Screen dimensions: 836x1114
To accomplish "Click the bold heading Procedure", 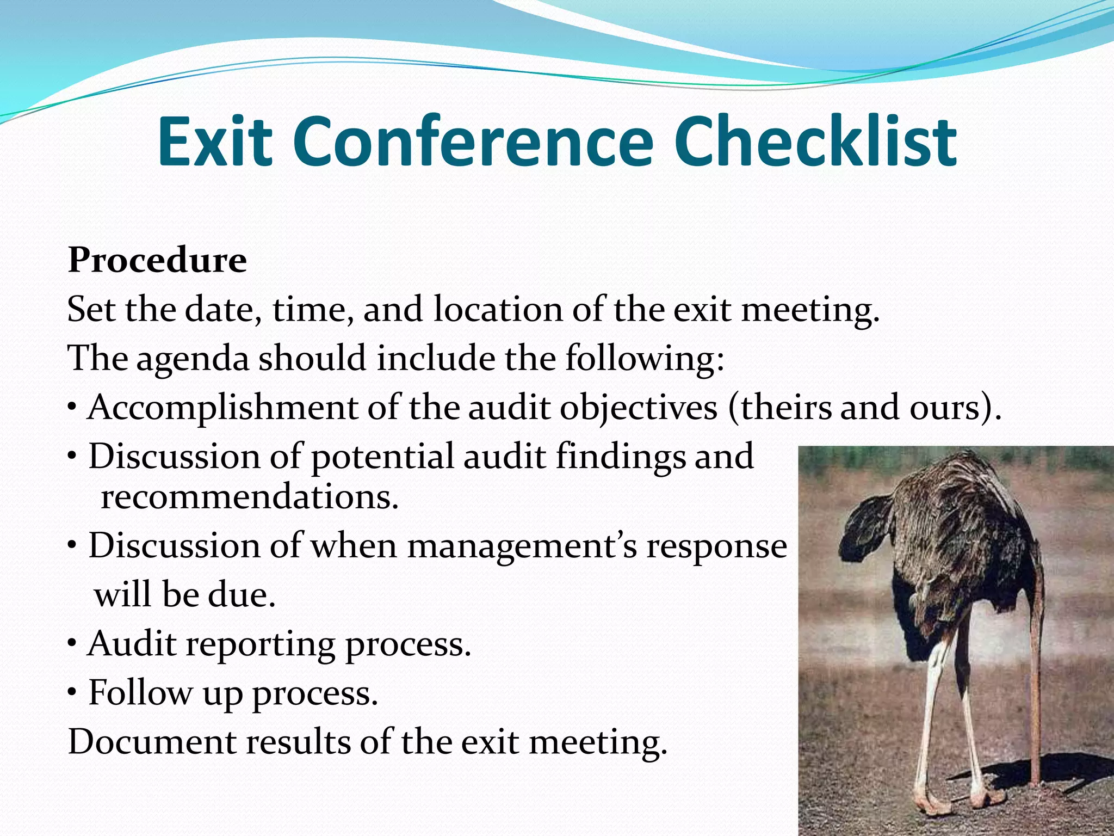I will coord(157,260).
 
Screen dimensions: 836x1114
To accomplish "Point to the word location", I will coord(498,310).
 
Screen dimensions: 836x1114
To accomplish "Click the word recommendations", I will coord(250,497).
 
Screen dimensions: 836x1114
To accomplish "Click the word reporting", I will coord(261,644).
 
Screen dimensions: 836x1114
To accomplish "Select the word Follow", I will coord(140,693).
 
